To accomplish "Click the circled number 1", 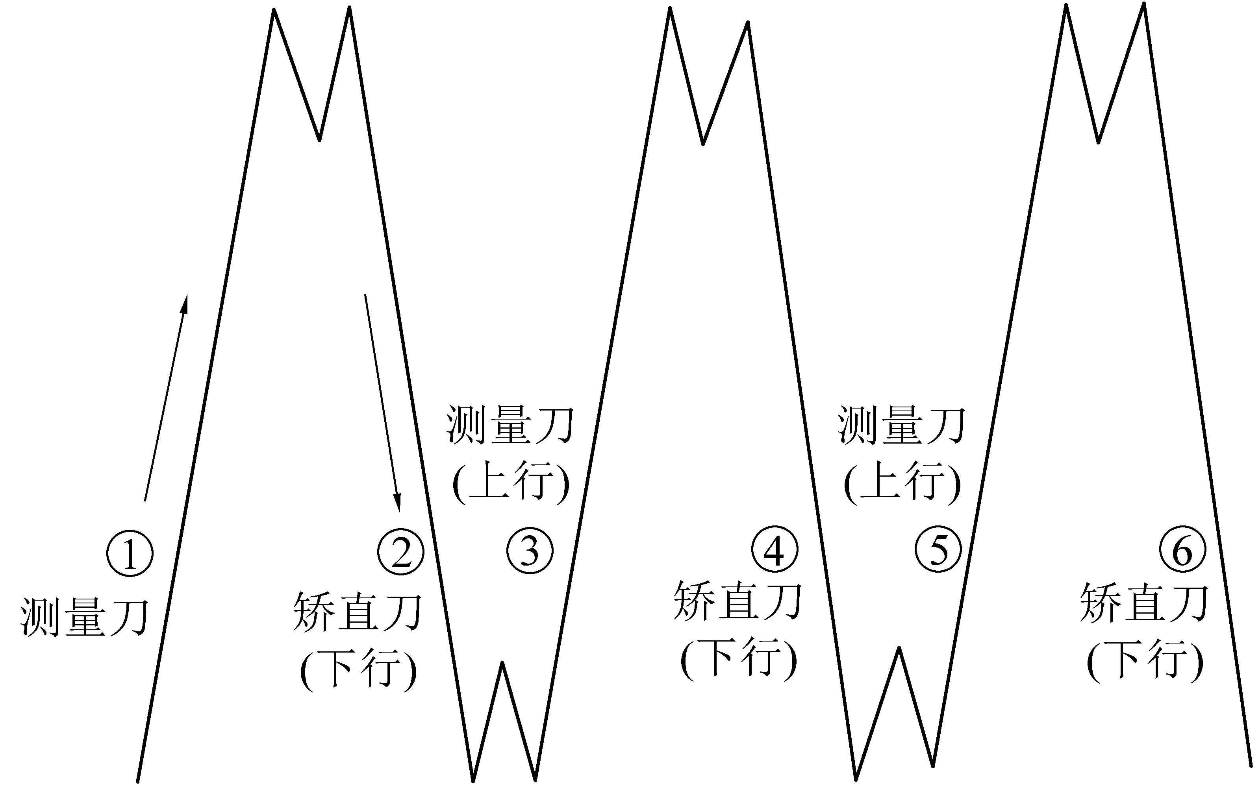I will coord(130,553).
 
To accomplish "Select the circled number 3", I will coord(530,551).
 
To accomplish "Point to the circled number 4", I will coord(775,549).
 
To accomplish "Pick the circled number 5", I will coord(938,549).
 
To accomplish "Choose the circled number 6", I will coord(1182,549).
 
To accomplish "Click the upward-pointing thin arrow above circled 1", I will coord(166,398).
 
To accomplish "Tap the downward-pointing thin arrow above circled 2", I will coord(382,403).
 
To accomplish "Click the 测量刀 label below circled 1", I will coord(85,618).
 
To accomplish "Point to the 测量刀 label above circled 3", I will coord(510,425).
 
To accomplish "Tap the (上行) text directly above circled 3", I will coord(511,482).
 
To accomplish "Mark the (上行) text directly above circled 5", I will coord(902,482).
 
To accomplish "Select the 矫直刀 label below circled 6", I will coord(1144,603).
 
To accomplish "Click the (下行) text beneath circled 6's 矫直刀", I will coord(1145,660).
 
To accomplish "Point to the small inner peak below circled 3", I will coord(502,664).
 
